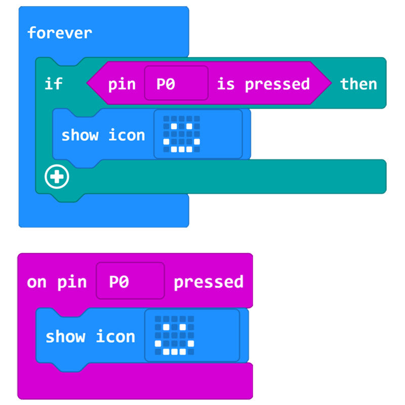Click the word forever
click(59, 33)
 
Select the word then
click(358, 84)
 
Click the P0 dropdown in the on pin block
click(130, 281)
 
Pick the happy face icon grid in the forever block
click(181, 134)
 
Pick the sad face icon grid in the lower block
click(175, 336)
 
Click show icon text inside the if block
click(103, 135)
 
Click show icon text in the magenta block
click(90, 337)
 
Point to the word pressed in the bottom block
click(208, 282)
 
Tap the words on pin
click(56, 282)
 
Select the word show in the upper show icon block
click(79, 135)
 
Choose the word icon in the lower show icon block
click(115, 337)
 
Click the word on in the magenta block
click(36, 282)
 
